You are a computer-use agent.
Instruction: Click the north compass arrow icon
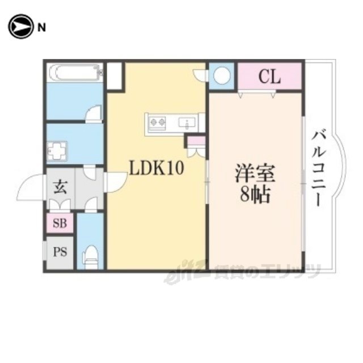(20, 27)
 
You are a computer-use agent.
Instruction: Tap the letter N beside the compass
(42, 27)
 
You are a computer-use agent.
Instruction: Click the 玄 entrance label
(59, 187)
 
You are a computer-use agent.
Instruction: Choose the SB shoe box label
(60, 223)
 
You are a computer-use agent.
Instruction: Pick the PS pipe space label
(60, 251)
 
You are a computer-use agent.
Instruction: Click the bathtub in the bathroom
(75, 73)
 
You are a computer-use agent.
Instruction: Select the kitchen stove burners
(157, 121)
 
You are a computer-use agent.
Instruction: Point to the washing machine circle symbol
(222, 75)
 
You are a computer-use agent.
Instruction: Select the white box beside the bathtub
(115, 75)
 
